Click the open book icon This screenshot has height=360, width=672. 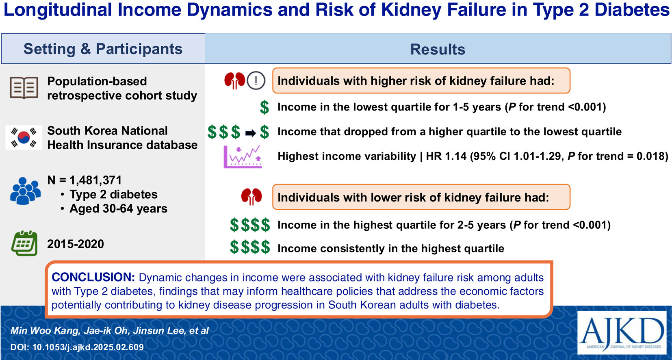24,88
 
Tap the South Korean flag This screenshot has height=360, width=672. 24,137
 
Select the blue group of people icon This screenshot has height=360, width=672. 26,191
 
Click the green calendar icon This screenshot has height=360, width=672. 24,243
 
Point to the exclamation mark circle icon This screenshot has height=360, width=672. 256,81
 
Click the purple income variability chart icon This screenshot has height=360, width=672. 243,156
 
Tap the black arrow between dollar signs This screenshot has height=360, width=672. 251,133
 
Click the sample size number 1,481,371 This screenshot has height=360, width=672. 95,180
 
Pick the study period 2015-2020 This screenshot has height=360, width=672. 76,244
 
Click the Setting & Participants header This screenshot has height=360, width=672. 103,49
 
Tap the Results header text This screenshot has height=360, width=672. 438,49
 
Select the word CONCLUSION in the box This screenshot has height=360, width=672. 93,277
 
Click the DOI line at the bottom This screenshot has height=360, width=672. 77,347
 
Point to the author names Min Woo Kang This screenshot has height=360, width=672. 45,331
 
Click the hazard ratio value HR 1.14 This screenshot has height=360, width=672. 446,156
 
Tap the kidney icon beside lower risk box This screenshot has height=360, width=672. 251,197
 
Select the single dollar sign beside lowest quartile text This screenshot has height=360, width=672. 264,107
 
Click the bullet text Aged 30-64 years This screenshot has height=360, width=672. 118,209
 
